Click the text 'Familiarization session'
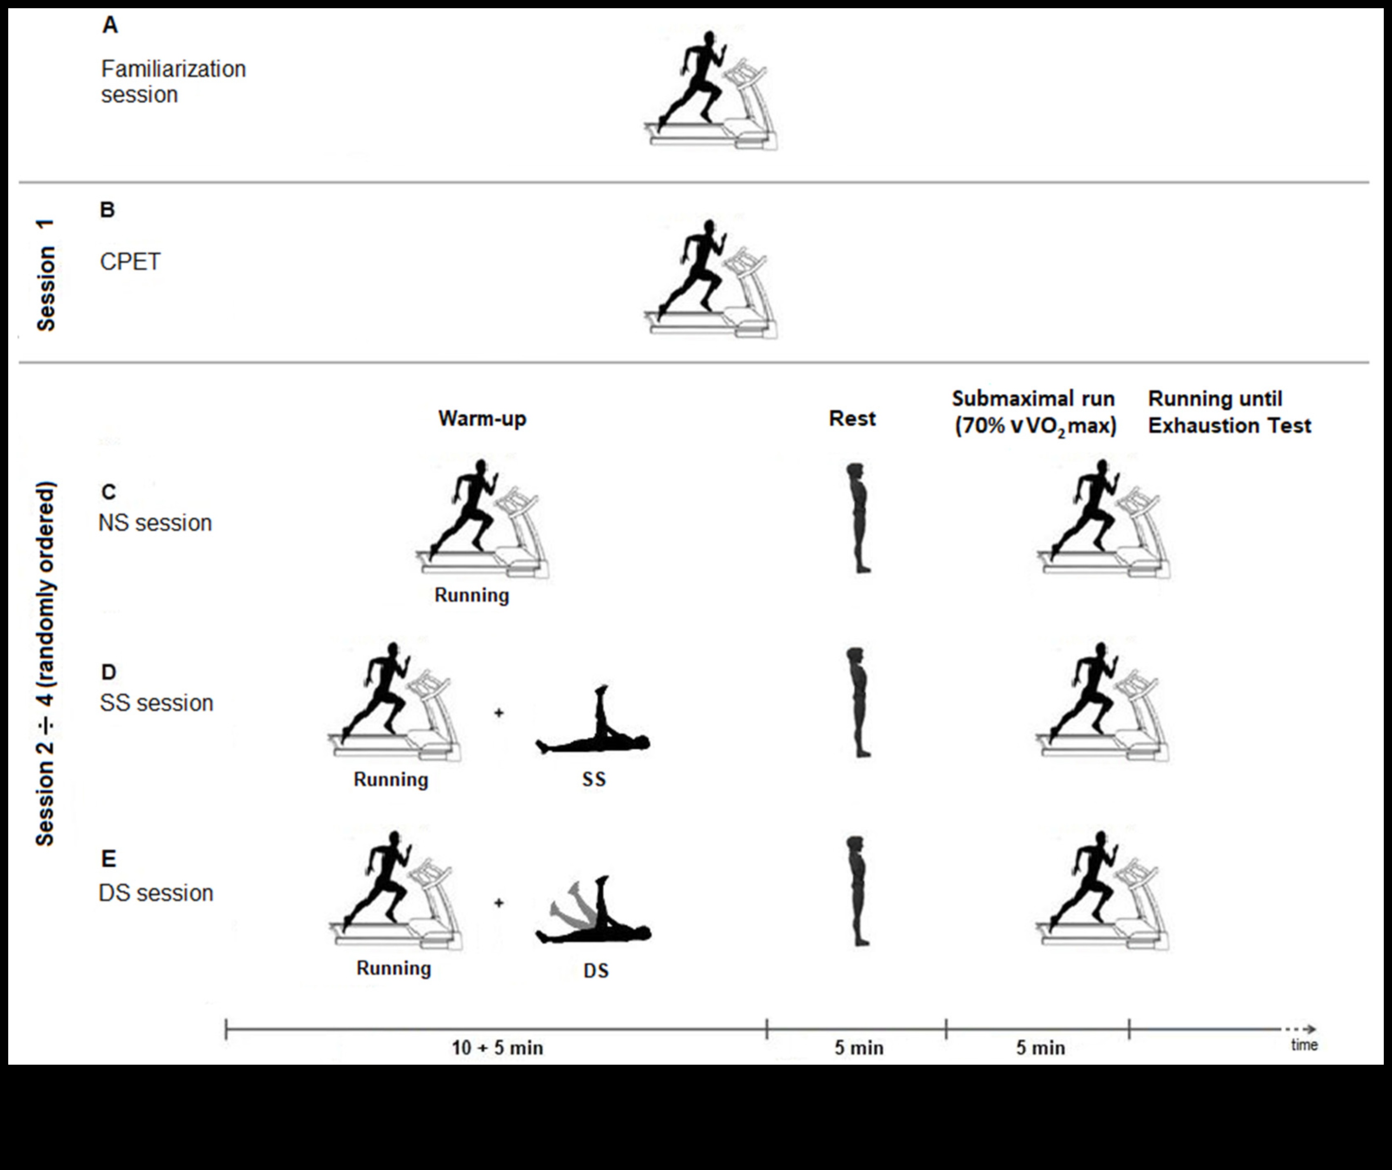coord(173,81)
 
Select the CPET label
coord(130,262)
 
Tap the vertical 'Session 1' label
coord(46,275)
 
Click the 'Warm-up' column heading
coord(482,418)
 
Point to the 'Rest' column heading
coord(852,418)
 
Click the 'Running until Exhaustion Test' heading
coord(1229,412)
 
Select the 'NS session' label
coord(155,523)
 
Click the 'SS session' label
coord(156,703)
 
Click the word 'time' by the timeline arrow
coord(1304,1045)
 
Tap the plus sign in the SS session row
coord(499,713)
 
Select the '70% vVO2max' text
coord(1036,426)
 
